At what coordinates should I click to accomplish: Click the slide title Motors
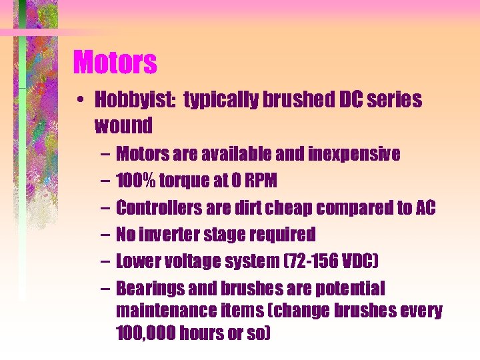click(x=115, y=63)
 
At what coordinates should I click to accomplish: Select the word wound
click(x=123, y=125)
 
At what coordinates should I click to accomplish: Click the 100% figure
click(x=137, y=181)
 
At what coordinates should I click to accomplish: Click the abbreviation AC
click(x=425, y=207)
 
